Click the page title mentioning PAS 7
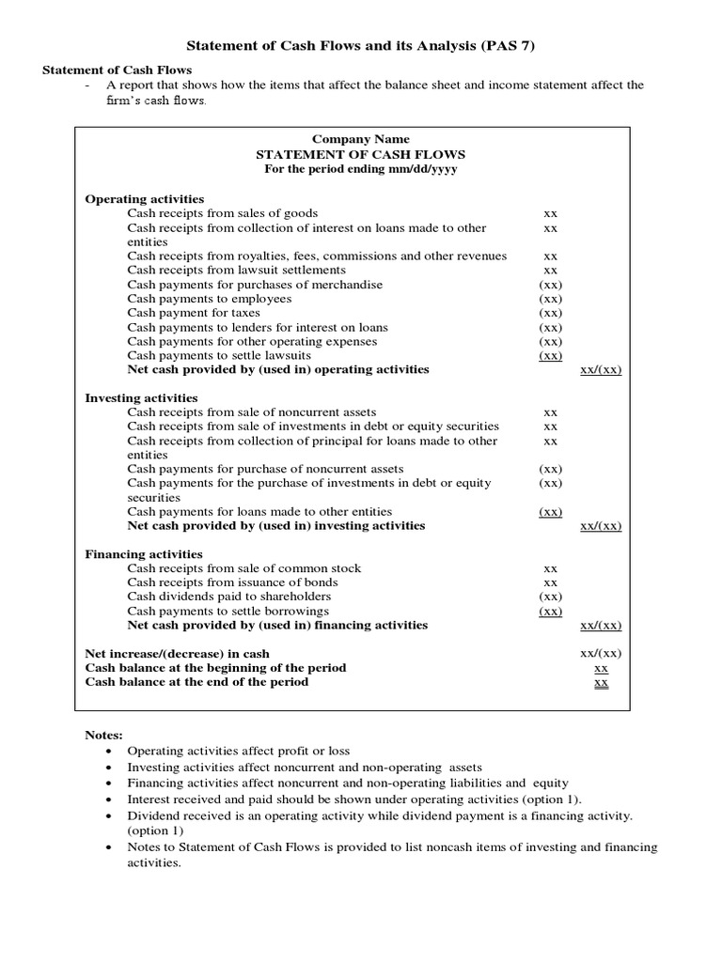(362, 45)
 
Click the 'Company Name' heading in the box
(361, 140)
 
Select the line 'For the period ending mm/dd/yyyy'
(361, 169)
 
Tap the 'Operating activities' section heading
(145, 199)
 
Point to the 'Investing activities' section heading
(142, 398)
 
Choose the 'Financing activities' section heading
(144, 554)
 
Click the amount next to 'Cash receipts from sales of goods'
(551, 214)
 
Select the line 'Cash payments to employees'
(210, 299)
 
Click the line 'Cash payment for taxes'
(194, 313)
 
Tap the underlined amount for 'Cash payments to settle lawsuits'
(551, 356)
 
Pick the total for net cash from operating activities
(602, 370)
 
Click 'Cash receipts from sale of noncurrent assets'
(252, 412)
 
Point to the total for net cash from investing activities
(602, 526)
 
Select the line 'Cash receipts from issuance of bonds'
(232, 582)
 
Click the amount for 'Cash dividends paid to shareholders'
(551, 597)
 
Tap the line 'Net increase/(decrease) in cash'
(178, 654)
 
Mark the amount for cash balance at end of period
(602, 683)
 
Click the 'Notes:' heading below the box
(103, 736)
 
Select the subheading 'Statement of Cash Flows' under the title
(118, 70)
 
